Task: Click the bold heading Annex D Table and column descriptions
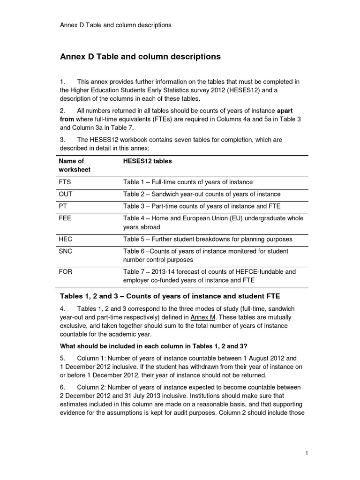click(x=140, y=57)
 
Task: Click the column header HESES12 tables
click(x=147, y=161)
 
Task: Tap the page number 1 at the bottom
click(x=306, y=453)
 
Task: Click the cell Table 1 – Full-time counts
click(x=187, y=182)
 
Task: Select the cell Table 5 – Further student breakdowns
click(x=207, y=239)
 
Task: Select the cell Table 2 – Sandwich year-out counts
click(x=202, y=194)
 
